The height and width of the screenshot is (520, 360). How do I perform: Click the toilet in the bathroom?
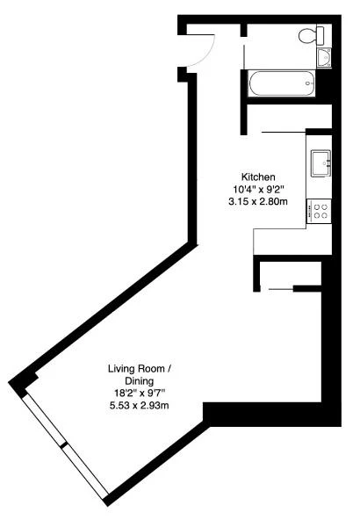tap(311, 35)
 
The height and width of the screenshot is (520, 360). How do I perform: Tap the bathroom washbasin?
tap(323, 58)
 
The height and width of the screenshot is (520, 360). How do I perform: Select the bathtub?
tap(282, 83)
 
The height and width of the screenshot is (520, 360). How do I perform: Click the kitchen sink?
tap(320, 162)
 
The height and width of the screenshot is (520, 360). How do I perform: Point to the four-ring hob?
tap(319, 211)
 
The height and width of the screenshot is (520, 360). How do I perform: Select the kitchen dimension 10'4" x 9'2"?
tap(258, 189)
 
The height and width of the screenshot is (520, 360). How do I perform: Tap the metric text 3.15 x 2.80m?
tap(258, 201)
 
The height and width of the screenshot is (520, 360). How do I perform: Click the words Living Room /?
tap(140, 369)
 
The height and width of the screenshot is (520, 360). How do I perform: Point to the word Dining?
tap(140, 381)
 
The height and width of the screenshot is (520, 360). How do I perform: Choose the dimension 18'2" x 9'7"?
tap(140, 394)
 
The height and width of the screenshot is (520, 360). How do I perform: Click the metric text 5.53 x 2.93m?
tap(140, 405)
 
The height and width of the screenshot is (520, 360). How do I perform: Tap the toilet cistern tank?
tap(320, 35)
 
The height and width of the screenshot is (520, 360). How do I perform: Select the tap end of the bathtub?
tap(309, 83)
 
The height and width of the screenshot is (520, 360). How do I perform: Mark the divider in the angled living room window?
tap(63, 445)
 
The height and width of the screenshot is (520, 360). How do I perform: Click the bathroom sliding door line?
tap(245, 57)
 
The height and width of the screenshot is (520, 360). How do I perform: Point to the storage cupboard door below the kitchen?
tap(281, 289)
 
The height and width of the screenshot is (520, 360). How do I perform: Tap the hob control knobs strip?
tap(310, 211)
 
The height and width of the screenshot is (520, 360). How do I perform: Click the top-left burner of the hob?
tap(317, 207)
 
